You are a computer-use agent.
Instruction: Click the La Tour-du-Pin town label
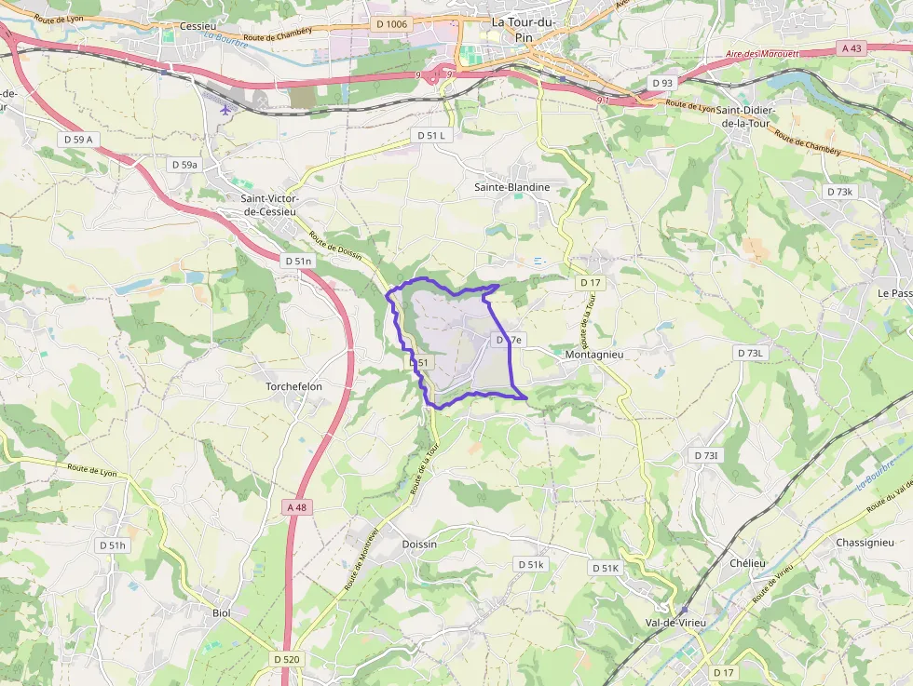(x=524, y=29)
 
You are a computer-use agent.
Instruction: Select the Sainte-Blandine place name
(x=511, y=187)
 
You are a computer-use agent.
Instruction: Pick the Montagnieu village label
(x=594, y=355)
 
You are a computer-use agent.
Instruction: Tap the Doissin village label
(x=418, y=544)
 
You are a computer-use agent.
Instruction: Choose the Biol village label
(x=221, y=612)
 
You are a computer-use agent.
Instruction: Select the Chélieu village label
(x=747, y=563)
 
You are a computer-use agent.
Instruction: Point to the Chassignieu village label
(x=865, y=543)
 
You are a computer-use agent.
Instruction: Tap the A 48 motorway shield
(x=296, y=506)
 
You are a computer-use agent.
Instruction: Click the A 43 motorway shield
(x=851, y=47)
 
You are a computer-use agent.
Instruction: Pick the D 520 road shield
(x=288, y=659)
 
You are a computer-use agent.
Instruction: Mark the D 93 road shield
(x=662, y=83)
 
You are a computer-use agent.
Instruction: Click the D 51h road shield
(x=111, y=545)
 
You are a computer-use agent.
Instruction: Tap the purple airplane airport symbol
(x=225, y=108)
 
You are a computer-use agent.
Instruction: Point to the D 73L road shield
(x=750, y=353)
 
